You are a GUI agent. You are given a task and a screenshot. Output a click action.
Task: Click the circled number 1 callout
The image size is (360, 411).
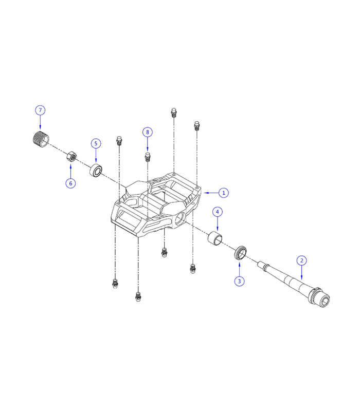223,193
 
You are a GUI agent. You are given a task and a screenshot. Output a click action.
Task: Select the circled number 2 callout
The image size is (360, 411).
302,260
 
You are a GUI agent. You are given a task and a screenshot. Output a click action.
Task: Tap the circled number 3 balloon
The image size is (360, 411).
239,281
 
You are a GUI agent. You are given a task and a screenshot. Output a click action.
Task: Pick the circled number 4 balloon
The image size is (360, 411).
218,212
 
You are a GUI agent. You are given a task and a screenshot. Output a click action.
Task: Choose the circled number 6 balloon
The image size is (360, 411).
70,183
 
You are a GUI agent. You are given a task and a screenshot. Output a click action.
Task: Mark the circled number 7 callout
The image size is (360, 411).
40,110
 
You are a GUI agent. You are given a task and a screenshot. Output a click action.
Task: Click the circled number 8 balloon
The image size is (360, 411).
148,132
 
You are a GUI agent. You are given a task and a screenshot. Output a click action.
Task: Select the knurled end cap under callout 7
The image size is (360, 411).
40,139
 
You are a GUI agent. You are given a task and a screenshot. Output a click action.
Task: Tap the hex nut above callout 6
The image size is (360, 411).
71,156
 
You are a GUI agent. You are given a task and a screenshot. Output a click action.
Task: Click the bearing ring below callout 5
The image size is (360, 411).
96,170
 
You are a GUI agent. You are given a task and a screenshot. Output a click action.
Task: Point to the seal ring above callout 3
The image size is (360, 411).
240,253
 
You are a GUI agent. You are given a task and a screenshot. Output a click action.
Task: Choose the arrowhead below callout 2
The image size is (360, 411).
302,277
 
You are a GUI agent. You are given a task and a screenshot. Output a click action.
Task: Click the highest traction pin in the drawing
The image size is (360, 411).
174,113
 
